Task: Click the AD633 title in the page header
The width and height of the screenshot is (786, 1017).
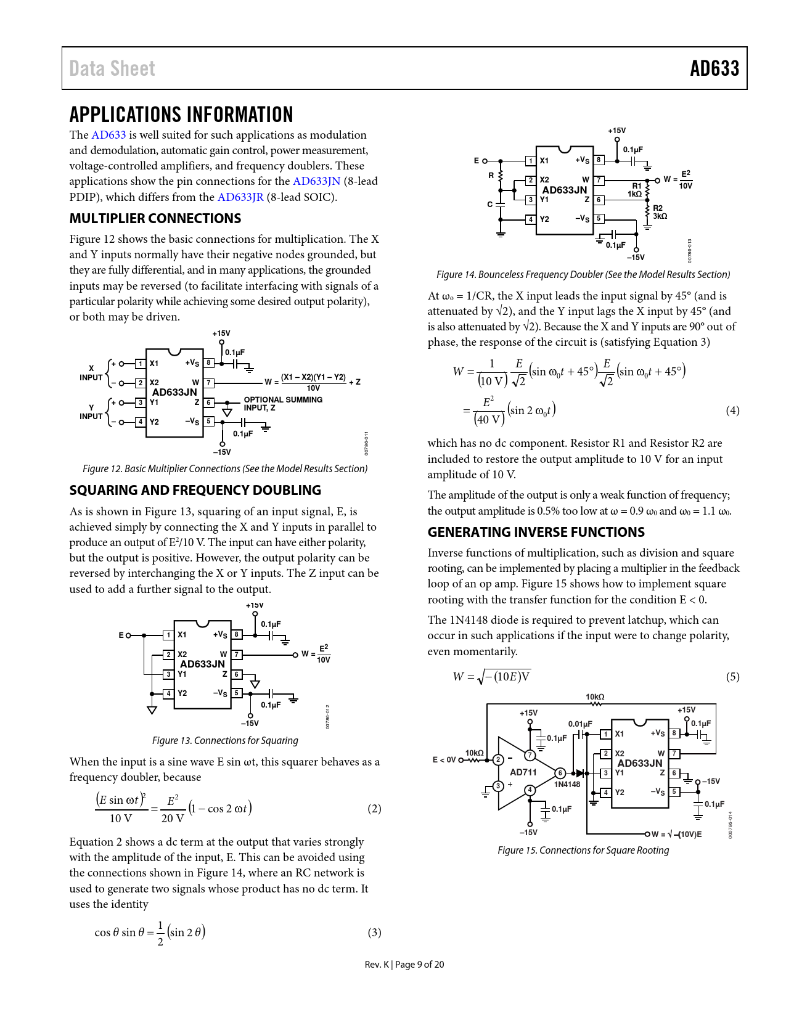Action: (714, 68)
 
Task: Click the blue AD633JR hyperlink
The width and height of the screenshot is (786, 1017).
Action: (240, 197)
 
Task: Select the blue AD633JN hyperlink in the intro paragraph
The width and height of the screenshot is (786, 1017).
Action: (316, 181)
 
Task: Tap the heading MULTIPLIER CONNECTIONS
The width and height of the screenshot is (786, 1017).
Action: (155, 219)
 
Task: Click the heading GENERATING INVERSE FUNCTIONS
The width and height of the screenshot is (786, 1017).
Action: (536, 533)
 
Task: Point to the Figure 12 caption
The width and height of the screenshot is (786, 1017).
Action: (225, 469)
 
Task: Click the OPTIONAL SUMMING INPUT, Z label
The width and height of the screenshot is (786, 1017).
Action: (283, 404)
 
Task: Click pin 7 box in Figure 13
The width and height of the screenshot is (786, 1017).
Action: (237, 655)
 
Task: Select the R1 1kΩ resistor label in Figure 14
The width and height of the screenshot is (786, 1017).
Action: (635, 190)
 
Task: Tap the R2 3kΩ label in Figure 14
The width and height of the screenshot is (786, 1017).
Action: (660, 213)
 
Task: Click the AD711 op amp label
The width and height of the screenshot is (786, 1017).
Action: (523, 772)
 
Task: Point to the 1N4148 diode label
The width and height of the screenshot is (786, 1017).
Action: (567, 785)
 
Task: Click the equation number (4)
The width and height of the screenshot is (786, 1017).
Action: (732, 410)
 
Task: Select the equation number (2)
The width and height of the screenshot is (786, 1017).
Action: (374, 809)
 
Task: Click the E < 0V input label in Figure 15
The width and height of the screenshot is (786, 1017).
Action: (444, 760)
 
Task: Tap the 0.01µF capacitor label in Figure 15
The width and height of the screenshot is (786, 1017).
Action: (579, 724)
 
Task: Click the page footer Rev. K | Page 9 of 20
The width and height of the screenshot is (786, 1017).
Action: (404, 965)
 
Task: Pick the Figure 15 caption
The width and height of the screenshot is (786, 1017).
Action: (583, 851)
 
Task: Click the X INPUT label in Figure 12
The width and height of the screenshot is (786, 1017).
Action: (91, 373)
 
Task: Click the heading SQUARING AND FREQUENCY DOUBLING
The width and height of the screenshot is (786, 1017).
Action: (195, 491)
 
